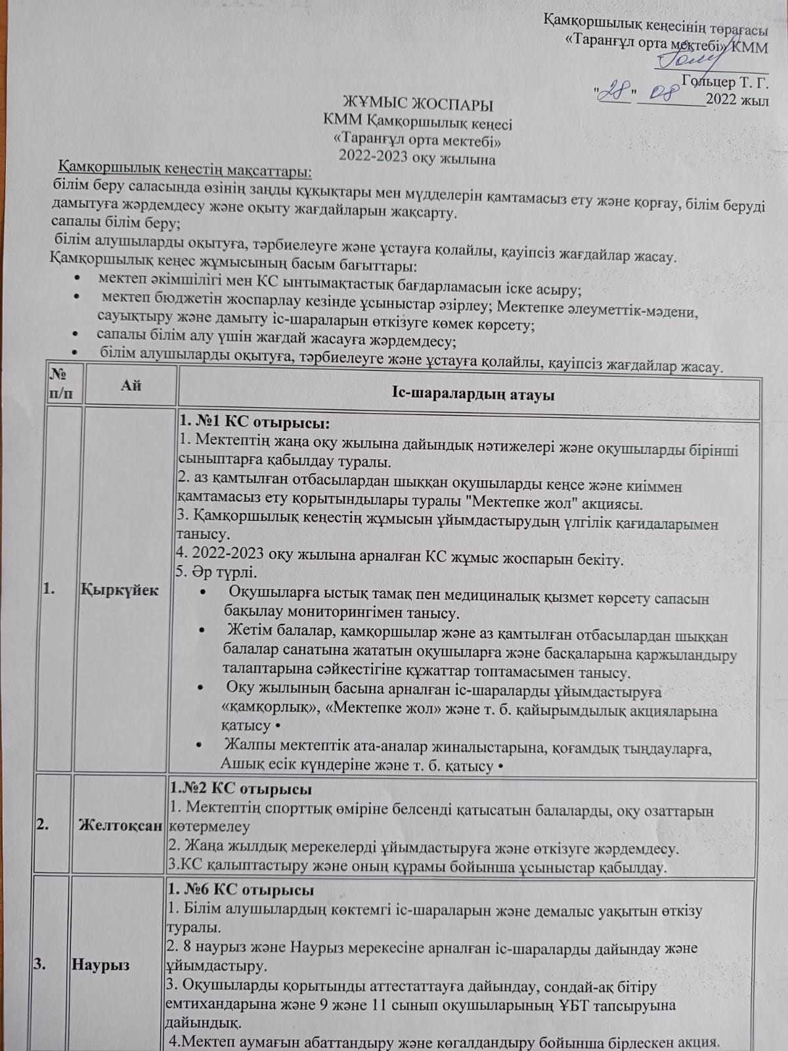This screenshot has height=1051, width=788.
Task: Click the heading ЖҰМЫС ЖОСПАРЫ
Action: point(418,105)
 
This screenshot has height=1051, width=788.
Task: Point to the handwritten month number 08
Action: point(663,93)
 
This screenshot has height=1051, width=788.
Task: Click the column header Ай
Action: point(131,386)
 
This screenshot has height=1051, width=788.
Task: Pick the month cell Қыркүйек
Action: point(120,589)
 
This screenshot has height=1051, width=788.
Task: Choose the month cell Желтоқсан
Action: point(120,826)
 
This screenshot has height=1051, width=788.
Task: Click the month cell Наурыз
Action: point(100,965)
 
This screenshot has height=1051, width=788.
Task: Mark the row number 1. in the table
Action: point(49,589)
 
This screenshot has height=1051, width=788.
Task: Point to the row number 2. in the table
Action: point(43,826)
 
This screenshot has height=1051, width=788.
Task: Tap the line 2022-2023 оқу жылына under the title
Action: point(417,158)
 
